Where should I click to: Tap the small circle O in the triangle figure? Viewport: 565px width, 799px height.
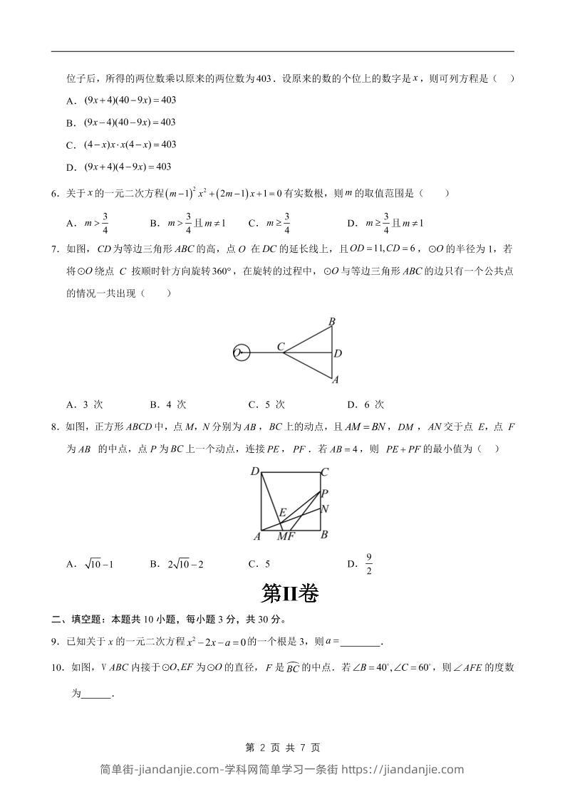click(242, 352)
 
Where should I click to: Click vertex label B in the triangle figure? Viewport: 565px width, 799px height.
click(332, 323)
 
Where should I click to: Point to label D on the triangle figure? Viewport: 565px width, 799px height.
click(338, 353)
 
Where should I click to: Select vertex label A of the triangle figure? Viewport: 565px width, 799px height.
click(335, 380)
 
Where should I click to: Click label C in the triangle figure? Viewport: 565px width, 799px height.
click(281, 347)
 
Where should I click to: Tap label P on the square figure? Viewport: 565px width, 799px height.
click(324, 493)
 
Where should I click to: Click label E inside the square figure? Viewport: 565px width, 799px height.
click(282, 512)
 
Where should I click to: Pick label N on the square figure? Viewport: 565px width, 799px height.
click(324, 509)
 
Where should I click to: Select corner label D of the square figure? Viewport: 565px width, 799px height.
click(254, 472)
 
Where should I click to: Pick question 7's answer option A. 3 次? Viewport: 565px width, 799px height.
click(85, 404)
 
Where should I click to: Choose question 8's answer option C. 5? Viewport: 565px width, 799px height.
click(259, 564)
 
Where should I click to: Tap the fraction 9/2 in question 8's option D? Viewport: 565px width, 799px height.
click(369, 563)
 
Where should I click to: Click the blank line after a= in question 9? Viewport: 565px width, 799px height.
click(361, 642)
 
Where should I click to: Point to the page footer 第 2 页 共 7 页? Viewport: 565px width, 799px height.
click(282, 747)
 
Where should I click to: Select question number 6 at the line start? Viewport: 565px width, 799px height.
click(55, 193)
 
